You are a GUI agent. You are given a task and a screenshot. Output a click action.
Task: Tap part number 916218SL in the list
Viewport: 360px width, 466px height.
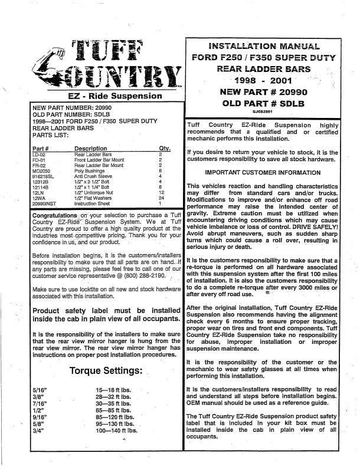(45, 176)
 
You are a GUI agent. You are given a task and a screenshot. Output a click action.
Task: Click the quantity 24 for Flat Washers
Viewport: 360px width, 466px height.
(160, 198)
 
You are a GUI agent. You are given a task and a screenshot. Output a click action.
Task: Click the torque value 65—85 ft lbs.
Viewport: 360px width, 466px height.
(112, 410)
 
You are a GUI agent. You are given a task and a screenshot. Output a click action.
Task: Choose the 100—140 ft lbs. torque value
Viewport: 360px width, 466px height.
(116, 431)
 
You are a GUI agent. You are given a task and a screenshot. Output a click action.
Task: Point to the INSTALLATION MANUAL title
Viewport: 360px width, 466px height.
(264, 45)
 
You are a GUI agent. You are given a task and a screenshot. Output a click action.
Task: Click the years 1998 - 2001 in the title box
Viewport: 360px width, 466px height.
(263, 80)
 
